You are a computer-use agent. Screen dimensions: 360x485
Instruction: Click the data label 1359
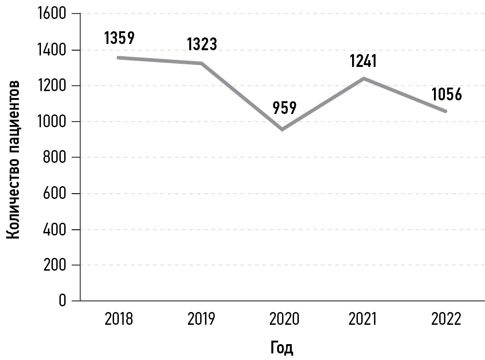pyautogui.click(x=119, y=38)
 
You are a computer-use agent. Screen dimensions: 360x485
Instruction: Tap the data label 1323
pyautogui.click(x=202, y=44)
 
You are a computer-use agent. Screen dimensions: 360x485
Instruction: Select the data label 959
pyautogui.click(x=284, y=108)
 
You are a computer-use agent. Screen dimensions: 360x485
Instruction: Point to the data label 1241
pyautogui.click(x=363, y=61)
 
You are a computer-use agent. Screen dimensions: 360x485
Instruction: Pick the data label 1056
pyautogui.click(x=447, y=94)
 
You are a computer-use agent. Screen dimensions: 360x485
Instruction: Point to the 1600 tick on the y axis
pyautogui.click(x=52, y=14)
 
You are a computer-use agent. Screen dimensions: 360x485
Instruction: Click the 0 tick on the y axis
pyautogui.click(x=62, y=301)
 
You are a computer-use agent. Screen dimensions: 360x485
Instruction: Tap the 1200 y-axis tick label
pyautogui.click(x=52, y=86)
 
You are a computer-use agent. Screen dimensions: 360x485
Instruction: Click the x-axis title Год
pyautogui.click(x=281, y=348)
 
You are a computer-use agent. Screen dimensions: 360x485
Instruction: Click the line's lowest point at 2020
pyautogui.click(x=282, y=129)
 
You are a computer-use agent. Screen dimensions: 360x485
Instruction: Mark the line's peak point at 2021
pyautogui.click(x=364, y=78)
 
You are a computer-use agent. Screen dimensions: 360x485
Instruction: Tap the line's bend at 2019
pyautogui.click(x=202, y=64)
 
